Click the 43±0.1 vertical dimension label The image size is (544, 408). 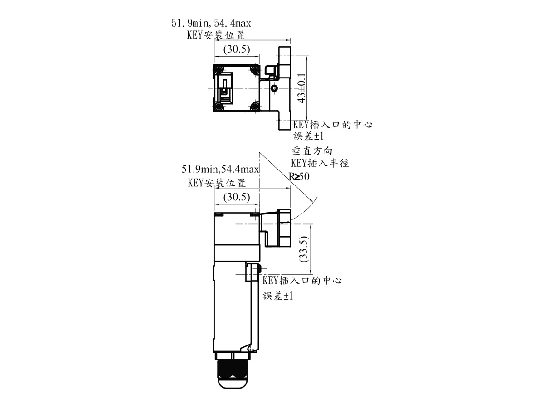[302, 88]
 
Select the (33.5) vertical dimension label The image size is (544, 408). [304, 249]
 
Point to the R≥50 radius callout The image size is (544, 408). [299, 176]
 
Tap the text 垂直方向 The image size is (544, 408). [312, 151]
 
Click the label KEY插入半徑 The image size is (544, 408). [320, 163]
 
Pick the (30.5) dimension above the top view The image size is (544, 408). [237, 49]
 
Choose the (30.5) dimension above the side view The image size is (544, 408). [237, 197]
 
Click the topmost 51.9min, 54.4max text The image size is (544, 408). [211, 23]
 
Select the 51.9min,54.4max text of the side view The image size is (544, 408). [220, 169]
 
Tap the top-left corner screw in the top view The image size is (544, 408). [219, 70]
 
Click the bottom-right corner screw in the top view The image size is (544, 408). [254, 107]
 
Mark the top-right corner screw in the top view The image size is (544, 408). [254, 70]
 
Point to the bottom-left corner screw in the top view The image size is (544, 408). [219, 107]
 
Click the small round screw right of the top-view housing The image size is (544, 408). [274, 88]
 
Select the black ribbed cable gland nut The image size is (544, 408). [233, 369]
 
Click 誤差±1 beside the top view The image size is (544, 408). [309, 136]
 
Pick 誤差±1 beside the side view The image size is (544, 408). [278, 296]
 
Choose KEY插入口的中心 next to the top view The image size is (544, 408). [333, 125]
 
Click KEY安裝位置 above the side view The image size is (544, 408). [217, 183]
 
